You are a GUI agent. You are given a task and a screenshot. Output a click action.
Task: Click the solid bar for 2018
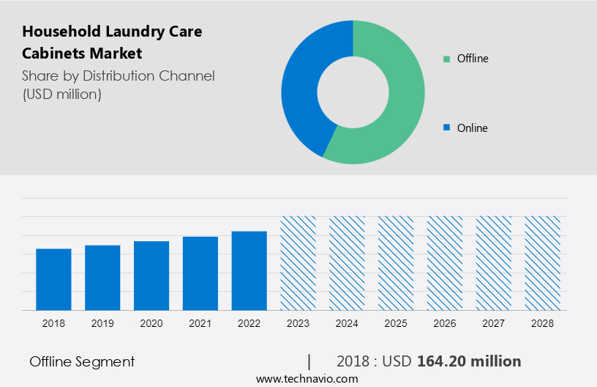click(x=53, y=279)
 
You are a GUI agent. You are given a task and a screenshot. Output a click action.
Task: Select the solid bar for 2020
click(x=151, y=276)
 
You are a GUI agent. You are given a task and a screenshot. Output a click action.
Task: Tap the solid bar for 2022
click(x=249, y=270)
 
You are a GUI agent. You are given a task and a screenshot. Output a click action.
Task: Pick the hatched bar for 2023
click(x=298, y=263)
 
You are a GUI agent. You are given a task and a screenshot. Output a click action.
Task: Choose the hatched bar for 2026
click(x=445, y=263)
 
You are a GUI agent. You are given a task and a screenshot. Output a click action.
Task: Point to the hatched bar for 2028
click(x=543, y=263)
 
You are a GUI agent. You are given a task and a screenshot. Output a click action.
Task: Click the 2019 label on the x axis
click(x=102, y=323)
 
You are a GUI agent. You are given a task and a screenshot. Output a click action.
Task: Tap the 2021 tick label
click(x=200, y=323)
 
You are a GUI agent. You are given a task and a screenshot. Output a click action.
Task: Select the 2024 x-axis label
click(x=347, y=323)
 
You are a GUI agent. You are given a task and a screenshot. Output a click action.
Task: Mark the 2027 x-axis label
click(x=494, y=323)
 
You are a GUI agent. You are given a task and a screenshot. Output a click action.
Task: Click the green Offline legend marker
click(x=446, y=59)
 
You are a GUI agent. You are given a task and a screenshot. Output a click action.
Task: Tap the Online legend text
click(x=472, y=128)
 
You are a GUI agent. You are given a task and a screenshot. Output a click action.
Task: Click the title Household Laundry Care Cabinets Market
click(x=112, y=43)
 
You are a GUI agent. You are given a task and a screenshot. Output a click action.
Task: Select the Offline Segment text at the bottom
click(x=82, y=361)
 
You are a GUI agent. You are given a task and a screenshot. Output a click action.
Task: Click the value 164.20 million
click(x=469, y=361)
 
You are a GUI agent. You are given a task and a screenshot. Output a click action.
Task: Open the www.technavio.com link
click(x=307, y=379)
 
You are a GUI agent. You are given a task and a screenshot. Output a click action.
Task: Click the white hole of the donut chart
click(x=353, y=92)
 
